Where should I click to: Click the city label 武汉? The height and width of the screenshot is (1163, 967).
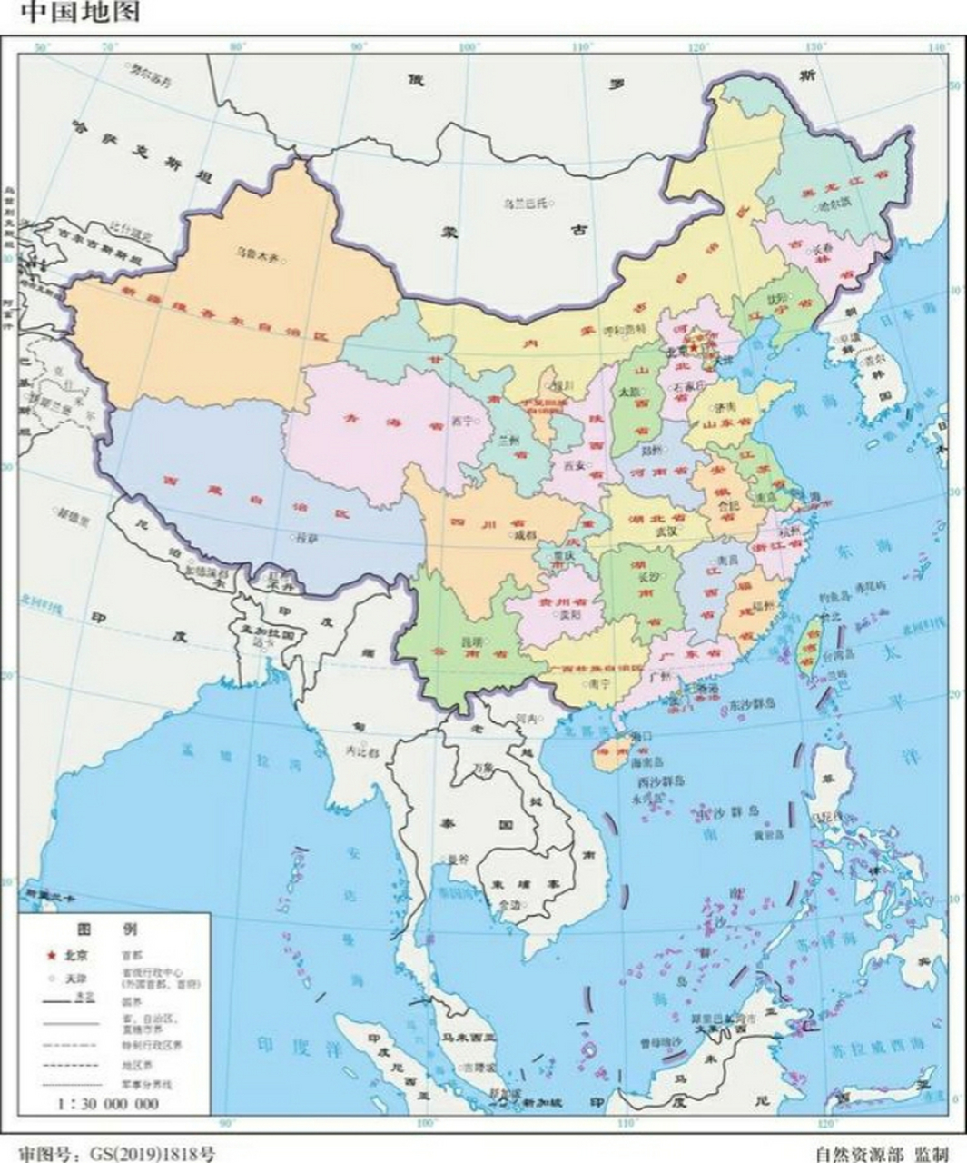(643, 532)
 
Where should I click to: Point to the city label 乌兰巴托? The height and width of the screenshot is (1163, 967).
(526, 203)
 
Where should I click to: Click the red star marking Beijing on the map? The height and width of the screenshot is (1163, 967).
(696, 347)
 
